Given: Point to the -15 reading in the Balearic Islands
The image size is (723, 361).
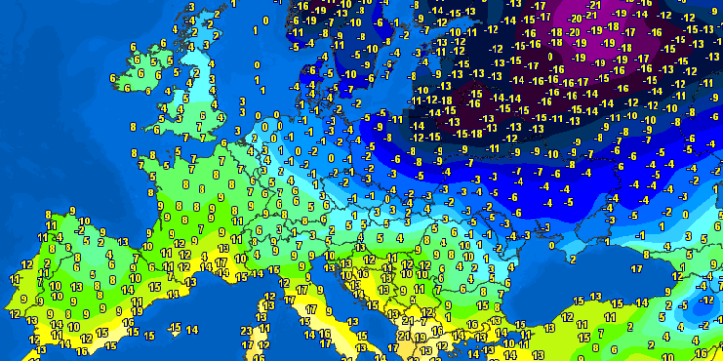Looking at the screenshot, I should click(x=174, y=329).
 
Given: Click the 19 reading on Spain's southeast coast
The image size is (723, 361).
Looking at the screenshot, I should click(x=115, y=338).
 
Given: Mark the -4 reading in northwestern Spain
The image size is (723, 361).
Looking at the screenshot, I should click(x=59, y=235).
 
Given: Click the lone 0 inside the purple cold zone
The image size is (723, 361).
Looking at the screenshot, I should click(x=551, y=56).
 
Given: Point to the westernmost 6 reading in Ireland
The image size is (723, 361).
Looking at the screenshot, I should click(x=114, y=77).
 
